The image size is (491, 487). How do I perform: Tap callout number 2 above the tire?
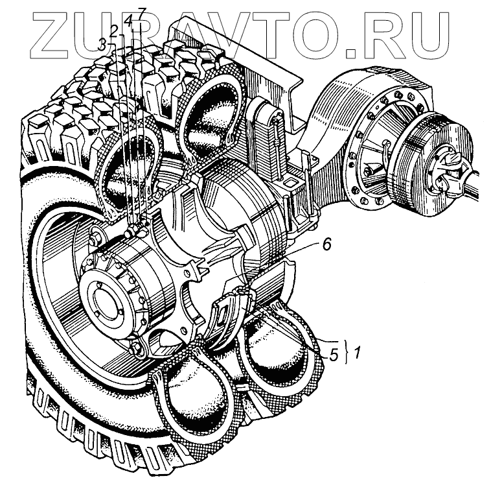[113, 30]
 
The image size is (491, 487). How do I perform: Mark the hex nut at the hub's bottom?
[137, 351]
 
